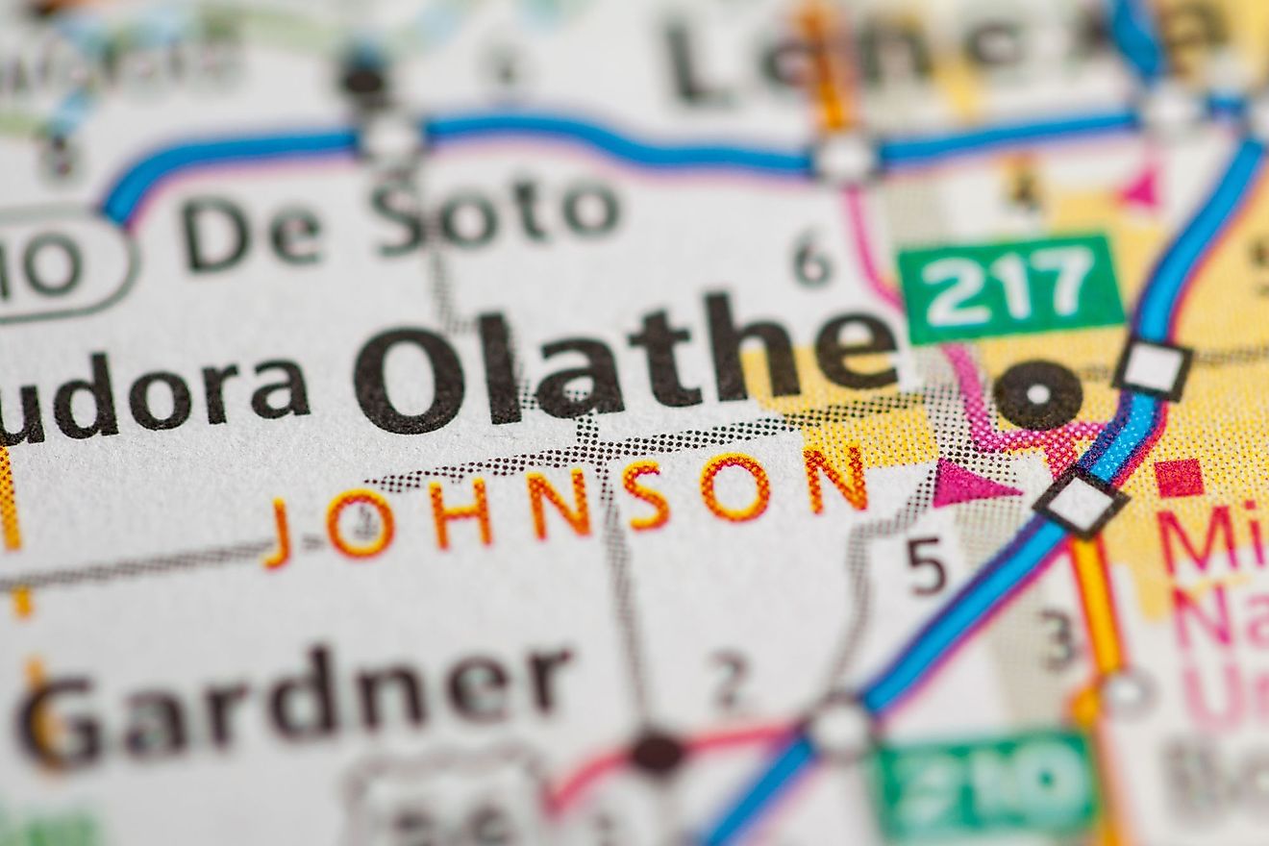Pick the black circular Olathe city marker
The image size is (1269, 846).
pos(1037,394)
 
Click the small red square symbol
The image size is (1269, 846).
pos(1179,478)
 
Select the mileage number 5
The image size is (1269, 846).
pos(927,566)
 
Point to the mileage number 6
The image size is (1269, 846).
pos(812,260)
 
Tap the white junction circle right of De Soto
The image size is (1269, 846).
pos(845,156)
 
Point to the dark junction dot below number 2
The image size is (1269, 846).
pos(658,751)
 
